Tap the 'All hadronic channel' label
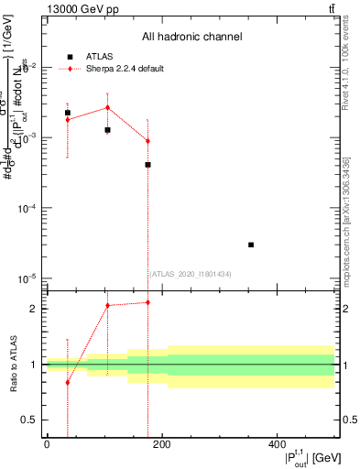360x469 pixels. click(x=191, y=37)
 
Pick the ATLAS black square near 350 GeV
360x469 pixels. click(x=251, y=245)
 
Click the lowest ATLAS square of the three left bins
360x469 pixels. click(x=147, y=165)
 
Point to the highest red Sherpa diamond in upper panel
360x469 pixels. click(x=108, y=107)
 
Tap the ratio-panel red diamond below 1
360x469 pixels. click(x=68, y=382)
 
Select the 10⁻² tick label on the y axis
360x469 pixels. click(x=31, y=67)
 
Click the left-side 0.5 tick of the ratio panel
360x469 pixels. click(x=34, y=420)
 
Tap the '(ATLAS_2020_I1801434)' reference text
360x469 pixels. click(x=190, y=274)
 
